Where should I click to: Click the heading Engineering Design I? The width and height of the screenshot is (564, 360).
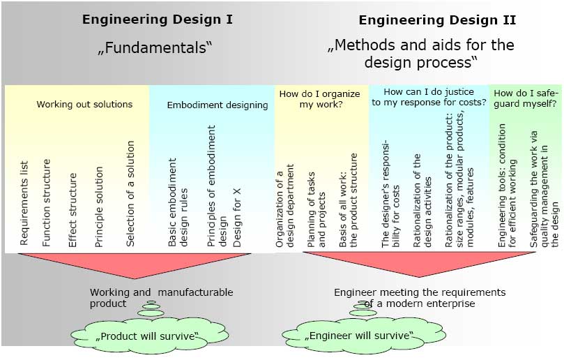point(158,20)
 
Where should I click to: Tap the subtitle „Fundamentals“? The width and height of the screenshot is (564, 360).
point(154,49)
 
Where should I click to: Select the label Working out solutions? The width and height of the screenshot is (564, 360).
point(84,105)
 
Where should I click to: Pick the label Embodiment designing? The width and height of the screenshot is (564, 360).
point(218,105)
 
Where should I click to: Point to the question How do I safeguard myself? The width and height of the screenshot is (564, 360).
point(525,98)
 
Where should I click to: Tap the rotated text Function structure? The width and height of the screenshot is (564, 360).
point(47,203)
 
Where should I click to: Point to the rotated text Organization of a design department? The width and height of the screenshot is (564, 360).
point(284,206)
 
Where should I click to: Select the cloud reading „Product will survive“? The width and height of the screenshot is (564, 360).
point(147,336)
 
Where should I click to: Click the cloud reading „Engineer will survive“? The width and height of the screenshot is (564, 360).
point(359,336)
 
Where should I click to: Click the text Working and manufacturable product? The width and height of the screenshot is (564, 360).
point(160,297)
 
